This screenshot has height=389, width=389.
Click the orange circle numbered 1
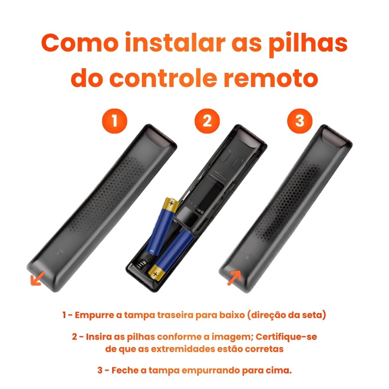[x=115, y=121]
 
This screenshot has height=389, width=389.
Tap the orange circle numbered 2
[x=207, y=121]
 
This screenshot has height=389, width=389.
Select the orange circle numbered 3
[x=300, y=121]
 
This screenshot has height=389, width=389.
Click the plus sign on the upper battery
[x=171, y=204]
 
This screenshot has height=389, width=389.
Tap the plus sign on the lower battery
[x=155, y=274]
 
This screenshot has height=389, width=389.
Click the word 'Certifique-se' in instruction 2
[x=286, y=337]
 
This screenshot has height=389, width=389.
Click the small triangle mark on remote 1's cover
[x=59, y=252]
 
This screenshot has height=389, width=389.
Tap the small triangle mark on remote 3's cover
[x=248, y=256]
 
